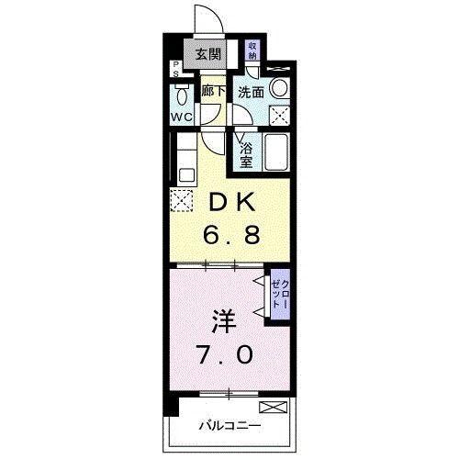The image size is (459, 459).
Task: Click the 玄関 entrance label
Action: tap(207, 54)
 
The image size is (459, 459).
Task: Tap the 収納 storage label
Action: tap(253, 50)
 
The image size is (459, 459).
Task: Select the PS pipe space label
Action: tap(176, 69)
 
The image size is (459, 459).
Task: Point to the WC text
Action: tap(180, 118)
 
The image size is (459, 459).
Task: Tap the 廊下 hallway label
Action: tap(213, 92)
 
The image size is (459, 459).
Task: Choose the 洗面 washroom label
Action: tap(252, 92)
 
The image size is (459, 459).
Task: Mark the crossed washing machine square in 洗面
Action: tap(281, 115)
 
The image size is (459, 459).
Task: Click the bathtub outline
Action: tap(275, 152)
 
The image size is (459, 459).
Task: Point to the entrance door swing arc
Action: tap(204, 20)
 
